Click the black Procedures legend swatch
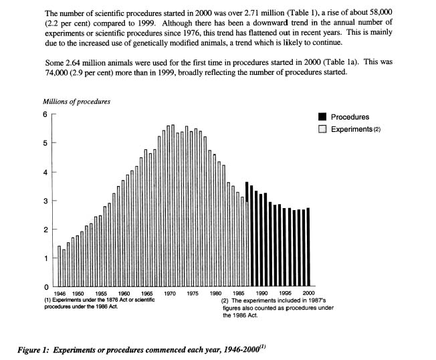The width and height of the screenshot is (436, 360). pyautogui.click(x=322, y=116)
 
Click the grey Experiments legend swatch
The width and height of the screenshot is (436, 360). pyautogui.click(x=322, y=129)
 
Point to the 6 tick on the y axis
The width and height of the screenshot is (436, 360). pyautogui.click(x=54, y=114)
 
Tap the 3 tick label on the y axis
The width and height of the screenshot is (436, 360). pyautogui.click(x=45, y=201)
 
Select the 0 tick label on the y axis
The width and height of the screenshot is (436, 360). pyautogui.click(x=46, y=287)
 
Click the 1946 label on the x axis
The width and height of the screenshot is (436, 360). pyautogui.click(x=60, y=294)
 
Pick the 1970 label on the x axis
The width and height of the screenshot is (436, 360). pyautogui.click(x=170, y=293)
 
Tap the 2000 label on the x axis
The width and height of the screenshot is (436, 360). pyautogui.click(x=309, y=293)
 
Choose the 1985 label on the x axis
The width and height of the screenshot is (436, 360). pyautogui.click(x=239, y=293)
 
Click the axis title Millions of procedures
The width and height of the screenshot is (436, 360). pyautogui.click(x=76, y=102)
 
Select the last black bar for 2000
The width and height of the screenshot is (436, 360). pyautogui.click(x=308, y=247)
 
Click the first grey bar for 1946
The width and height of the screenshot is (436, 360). pyautogui.click(x=60, y=266)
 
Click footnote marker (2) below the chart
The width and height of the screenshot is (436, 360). pyautogui.click(x=225, y=300)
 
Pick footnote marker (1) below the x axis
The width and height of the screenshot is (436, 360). pyautogui.click(x=48, y=300)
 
